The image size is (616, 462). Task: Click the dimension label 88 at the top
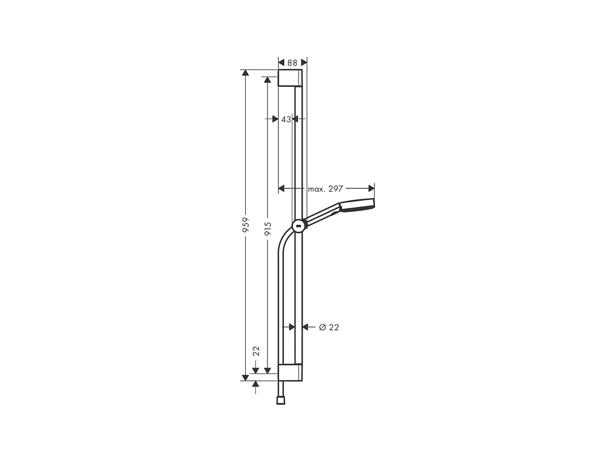point(292,63)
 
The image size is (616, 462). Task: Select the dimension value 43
point(286,119)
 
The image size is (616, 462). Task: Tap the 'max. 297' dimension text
point(325,189)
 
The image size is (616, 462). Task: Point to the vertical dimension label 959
point(246,225)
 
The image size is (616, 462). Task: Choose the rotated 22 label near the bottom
point(256,351)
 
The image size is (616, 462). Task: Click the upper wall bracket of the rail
point(290,78)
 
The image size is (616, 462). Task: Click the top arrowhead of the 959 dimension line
point(246,73)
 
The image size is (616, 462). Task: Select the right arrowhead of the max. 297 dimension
point(371,189)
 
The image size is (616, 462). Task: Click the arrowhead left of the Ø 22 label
point(306,327)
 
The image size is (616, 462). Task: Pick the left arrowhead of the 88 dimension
point(282,63)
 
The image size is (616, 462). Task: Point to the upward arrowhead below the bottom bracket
point(255,385)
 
